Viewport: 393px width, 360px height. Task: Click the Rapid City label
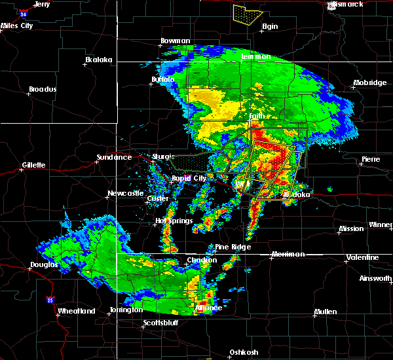pos(189,178)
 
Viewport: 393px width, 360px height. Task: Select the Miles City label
pos(17,26)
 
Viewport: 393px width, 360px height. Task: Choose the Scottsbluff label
pos(160,323)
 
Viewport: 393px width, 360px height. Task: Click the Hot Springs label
pos(174,221)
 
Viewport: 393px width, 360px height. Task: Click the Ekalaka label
pos(99,60)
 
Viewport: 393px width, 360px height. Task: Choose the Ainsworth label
pos(377,278)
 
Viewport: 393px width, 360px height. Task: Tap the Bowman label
pos(176,41)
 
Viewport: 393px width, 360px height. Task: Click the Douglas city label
pos(44,265)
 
